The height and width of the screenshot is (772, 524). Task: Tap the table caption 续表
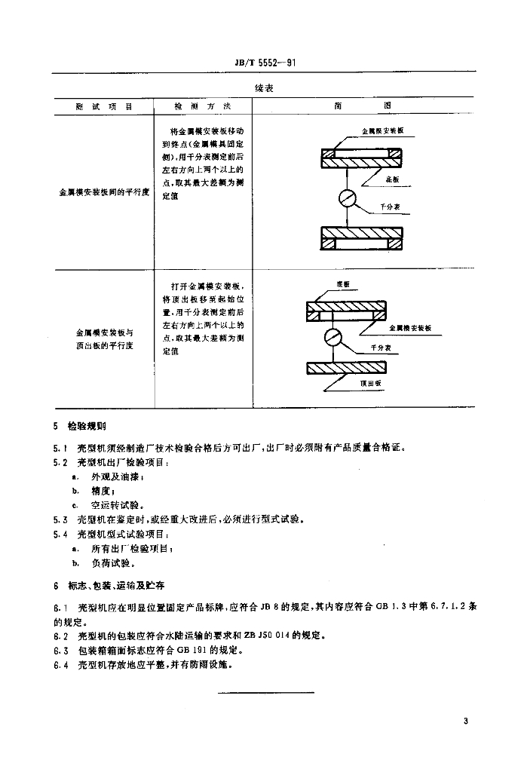pos(263,88)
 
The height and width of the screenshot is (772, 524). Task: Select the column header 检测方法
pos(203,106)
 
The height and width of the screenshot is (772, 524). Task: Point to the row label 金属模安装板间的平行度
pos(105,192)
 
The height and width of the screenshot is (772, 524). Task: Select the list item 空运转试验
pos(117,505)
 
